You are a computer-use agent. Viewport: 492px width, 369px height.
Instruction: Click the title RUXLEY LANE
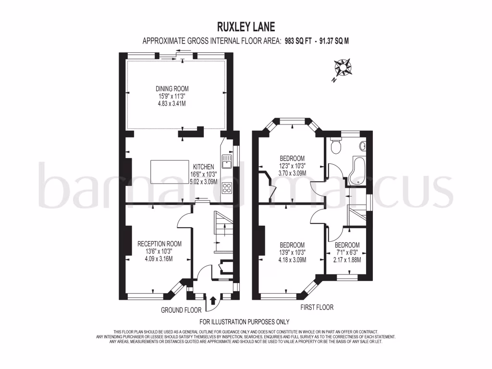(245, 26)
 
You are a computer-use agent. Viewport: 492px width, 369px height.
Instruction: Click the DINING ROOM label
(172, 88)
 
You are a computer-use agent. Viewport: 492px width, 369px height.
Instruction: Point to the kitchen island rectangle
(170, 172)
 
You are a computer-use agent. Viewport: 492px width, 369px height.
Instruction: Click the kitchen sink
(226, 160)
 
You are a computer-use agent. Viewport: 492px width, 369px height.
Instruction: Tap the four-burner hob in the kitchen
(226, 188)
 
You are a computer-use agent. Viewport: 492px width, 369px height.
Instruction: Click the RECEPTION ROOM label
(159, 243)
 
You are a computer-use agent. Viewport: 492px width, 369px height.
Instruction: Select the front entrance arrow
(213, 301)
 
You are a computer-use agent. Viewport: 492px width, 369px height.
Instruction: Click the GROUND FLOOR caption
(181, 310)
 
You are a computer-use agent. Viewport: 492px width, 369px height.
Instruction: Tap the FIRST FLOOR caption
(317, 307)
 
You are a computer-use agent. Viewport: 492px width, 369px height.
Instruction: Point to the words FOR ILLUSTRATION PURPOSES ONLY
(245, 322)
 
